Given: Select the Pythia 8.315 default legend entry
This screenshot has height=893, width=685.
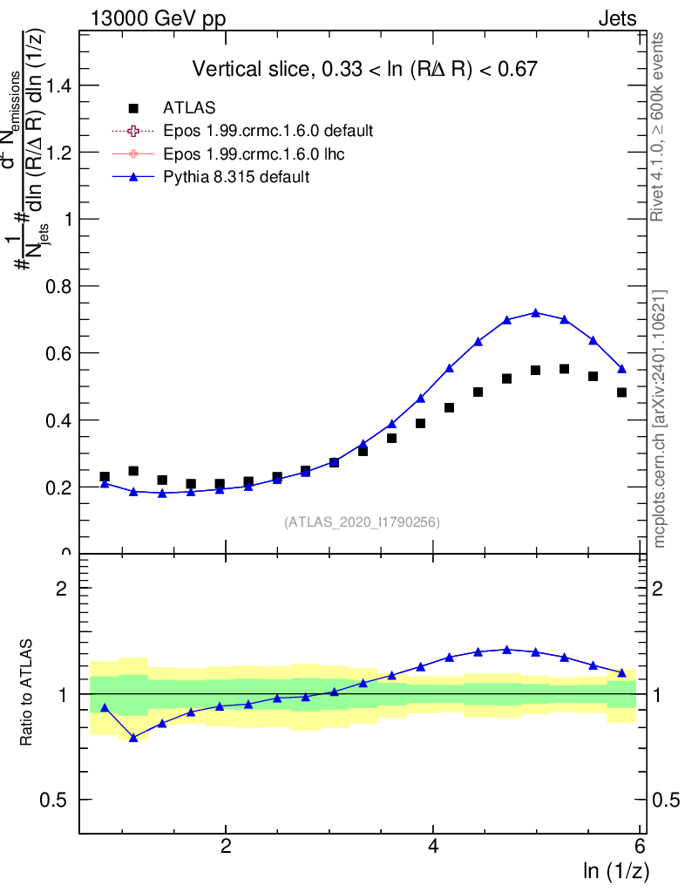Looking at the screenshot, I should (236, 177).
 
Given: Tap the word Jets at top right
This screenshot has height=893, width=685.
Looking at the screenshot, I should (617, 19).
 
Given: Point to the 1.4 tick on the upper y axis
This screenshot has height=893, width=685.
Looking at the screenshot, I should (61, 85).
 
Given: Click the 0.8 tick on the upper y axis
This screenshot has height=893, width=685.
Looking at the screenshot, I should (61, 286).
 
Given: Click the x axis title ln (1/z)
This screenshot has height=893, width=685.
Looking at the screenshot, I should (614, 871).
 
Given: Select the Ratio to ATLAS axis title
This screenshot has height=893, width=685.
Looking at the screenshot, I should (28, 692).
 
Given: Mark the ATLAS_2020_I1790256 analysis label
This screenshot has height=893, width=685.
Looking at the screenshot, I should (361, 522).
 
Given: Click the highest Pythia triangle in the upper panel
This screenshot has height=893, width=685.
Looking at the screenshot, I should (536, 312).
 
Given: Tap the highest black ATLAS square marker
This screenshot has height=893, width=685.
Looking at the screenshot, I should (565, 369).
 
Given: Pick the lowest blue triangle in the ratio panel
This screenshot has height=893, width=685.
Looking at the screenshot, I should (133, 737).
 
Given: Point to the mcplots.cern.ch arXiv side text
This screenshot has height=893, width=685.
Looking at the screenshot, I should (660, 419).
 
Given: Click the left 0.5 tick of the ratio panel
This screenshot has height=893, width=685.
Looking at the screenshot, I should (60, 800).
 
